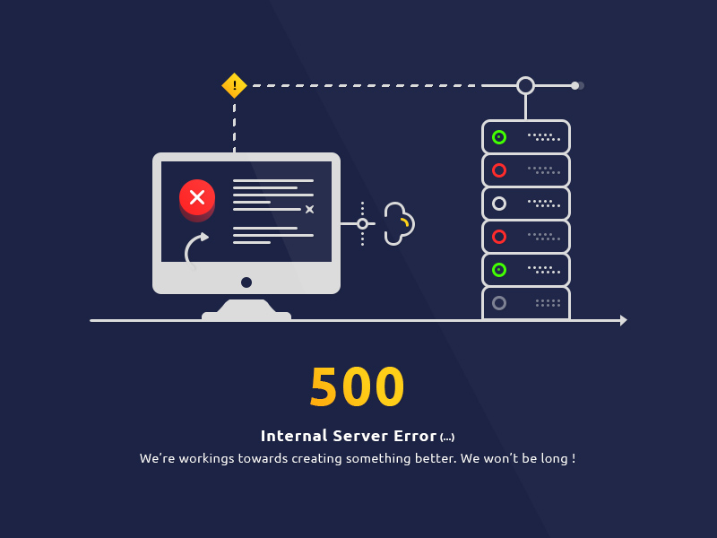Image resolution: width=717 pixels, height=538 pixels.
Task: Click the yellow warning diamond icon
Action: (234, 85)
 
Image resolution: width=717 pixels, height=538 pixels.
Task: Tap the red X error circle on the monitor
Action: (197, 197)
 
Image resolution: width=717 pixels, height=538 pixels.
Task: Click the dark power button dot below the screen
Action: (246, 282)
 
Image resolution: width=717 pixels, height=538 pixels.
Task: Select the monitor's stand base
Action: (246, 313)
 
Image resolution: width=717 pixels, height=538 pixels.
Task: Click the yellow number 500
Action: (358, 387)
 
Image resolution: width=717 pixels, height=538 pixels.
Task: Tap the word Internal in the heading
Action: (290, 436)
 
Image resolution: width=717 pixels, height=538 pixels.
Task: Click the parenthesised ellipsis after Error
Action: (447, 438)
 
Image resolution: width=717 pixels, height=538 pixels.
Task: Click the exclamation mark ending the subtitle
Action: (572, 458)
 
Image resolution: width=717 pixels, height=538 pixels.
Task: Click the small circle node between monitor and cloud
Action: (362, 223)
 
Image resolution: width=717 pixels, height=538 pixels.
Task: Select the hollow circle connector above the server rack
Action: (525, 85)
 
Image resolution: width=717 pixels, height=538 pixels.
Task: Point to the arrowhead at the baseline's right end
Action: (623, 320)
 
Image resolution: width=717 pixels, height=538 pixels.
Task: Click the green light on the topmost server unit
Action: (499, 137)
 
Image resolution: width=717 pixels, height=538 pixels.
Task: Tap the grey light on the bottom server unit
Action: (499, 303)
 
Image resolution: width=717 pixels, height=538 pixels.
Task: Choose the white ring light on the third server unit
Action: (499, 204)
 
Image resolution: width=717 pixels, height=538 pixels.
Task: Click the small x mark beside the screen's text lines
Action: (309, 209)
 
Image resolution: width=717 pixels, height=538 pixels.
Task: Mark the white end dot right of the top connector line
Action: (575, 85)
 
